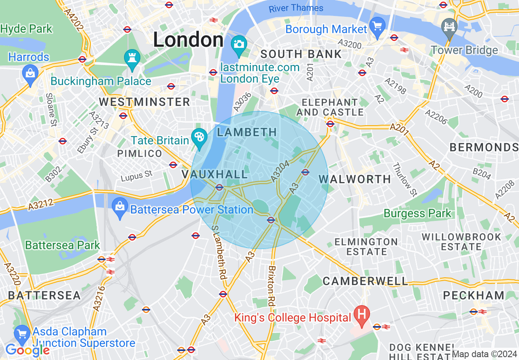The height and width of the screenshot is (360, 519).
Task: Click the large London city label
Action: point(188,40)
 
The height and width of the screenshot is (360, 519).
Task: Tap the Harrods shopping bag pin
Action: point(30,74)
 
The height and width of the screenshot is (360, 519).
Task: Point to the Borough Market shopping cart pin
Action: point(377,26)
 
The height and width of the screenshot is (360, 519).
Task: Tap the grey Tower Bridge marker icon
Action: point(449,27)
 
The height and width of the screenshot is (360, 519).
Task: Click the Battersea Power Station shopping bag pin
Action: point(120,207)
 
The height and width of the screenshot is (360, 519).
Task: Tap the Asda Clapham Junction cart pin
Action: point(22,335)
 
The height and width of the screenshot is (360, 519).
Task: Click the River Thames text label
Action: point(296,8)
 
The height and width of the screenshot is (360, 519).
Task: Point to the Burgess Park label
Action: point(417,213)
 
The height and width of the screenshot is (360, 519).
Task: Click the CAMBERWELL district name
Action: point(365,281)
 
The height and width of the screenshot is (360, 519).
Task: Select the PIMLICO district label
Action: point(140,153)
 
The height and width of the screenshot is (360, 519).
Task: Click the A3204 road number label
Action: point(280,171)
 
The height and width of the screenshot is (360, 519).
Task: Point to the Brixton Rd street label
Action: point(271,286)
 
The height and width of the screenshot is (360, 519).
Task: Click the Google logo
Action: point(27,350)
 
